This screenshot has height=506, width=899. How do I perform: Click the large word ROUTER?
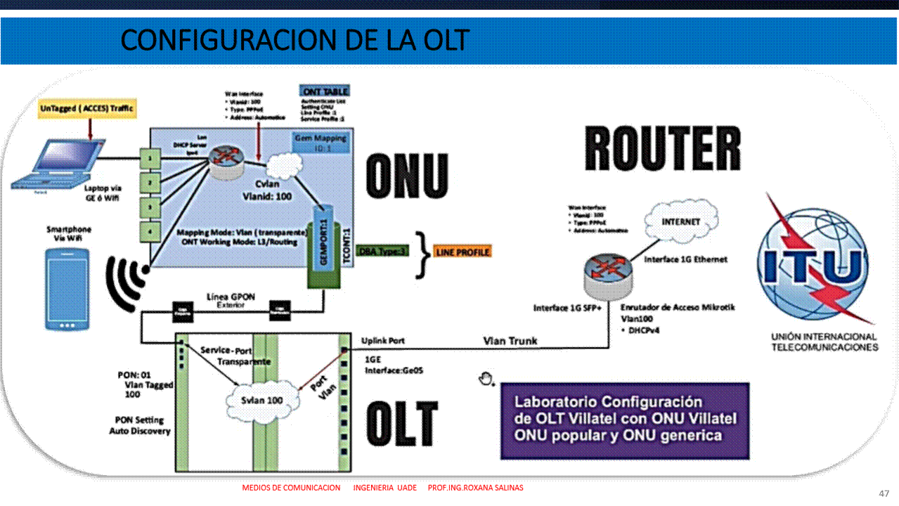(662, 149)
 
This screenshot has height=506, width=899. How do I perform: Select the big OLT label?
(401, 424)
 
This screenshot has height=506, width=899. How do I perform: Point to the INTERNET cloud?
(681, 221)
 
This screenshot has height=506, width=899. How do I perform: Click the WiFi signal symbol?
(127, 283)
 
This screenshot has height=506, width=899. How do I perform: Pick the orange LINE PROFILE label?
(463, 252)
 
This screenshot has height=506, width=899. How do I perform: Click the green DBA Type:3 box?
(382, 251)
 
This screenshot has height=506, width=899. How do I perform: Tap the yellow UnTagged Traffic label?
(87, 109)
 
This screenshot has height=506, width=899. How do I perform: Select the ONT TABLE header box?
(324, 91)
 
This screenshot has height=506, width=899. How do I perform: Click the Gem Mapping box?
(322, 145)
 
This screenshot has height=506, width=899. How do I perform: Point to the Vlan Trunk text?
(510, 341)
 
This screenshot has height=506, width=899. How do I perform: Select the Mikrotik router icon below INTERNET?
(609, 275)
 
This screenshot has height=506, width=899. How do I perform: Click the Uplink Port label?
(383, 341)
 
